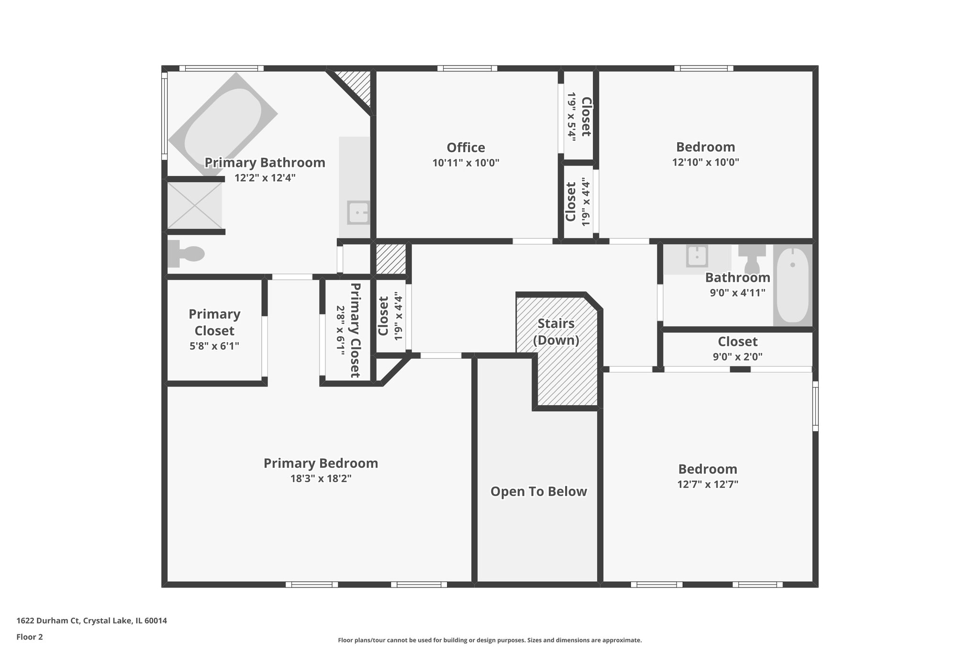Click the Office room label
[466, 147]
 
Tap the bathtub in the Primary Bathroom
[223, 123]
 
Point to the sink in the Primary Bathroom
[358, 213]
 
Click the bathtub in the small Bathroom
[792, 286]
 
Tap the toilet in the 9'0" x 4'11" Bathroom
[752, 258]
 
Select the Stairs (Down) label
[556, 332]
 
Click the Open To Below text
[538, 491]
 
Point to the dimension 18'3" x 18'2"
[321, 478]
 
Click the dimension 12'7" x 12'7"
[707, 484]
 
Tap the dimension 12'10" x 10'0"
[705, 162]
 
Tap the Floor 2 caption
[30, 637]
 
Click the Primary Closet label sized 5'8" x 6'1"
[214, 322]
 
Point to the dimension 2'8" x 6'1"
[340, 330]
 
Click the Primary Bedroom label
[321, 463]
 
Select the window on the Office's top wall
[467, 68]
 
